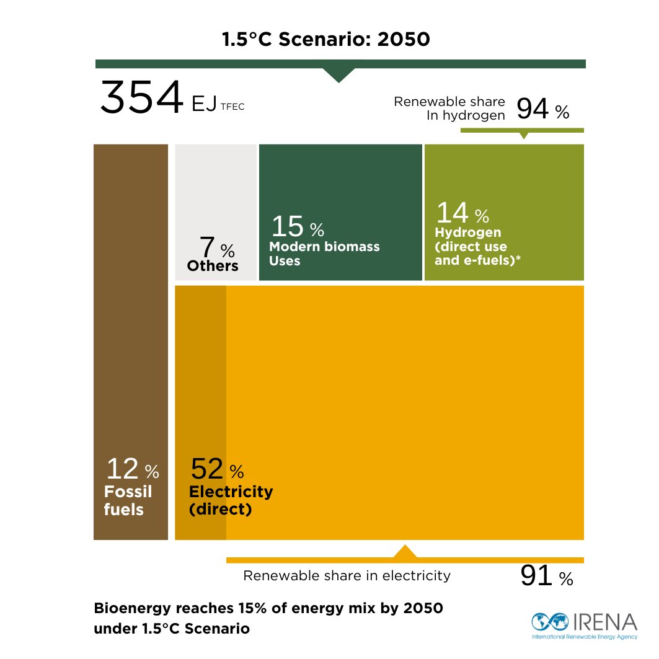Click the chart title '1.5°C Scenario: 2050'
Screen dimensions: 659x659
pyautogui.click(x=326, y=40)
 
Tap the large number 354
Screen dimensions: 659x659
pyautogui.click(x=142, y=98)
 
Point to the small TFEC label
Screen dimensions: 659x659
pyautogui.click(x=232, y=107)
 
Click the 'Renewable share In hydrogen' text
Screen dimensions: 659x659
pyautogui.click(x=449, y=108)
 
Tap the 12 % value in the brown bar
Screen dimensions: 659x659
pyautogui.click(x=131, y=469)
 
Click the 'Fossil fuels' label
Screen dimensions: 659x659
pyautogui.click(x=128, y=501)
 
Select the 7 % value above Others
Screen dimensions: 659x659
pyautogui.click(x=216, y=249)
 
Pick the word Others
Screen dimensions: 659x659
pyautogui.click(x=213, y=266)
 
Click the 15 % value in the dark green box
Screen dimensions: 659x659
pyautogui.click(x=297, y=228)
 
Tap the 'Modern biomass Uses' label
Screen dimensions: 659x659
pyautogui.click(x=324, y=254)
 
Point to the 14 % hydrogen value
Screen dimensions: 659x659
pyautogui.click(x=462, y=213)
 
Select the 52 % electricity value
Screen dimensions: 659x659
pyautogui.click(x=216, y=470)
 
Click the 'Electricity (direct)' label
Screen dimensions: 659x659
pyautogui.click(x=231, y=501)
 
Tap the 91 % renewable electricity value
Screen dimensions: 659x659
pyautogui.click(x=546, y=576)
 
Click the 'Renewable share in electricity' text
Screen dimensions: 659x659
pyautogui.click(x=347, y=576)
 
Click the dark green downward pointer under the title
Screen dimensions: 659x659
pyautogui.click(x=338, y=74)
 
